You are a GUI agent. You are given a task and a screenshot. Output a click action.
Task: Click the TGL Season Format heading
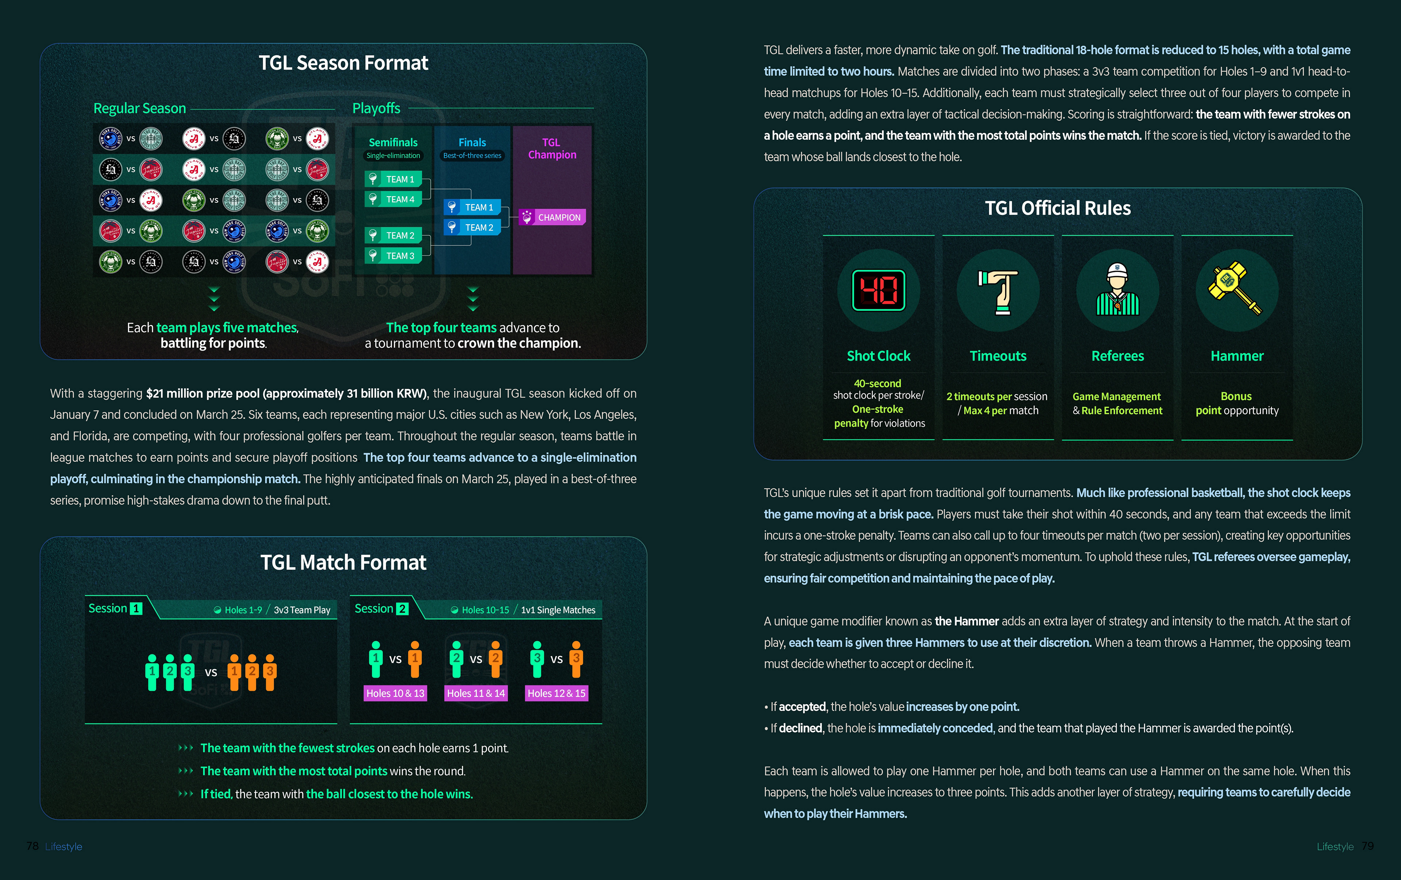(x=343, y=63)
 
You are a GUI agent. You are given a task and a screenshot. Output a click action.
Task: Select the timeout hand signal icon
(x=998, y=291)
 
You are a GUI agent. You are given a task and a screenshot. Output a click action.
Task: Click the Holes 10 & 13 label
(x=395, y=693)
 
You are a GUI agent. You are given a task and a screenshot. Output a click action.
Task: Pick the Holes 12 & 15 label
(x=556, y=693)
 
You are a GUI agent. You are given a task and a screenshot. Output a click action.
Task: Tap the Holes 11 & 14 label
(x=476, y=693)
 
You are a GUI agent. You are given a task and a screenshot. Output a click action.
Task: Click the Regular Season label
(x=140, y=109)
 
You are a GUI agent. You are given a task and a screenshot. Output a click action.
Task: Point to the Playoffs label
(x=377, y=109)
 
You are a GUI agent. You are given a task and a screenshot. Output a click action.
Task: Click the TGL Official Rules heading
(x=1058, y=208)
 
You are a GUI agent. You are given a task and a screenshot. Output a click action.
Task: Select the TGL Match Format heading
(x=343, y=562)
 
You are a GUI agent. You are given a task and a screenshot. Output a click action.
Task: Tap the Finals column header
(x=472, y=143)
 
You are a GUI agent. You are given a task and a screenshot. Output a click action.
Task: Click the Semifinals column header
(x=393, y=143)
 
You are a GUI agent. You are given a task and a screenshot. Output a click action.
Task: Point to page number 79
(x=1367, y=846)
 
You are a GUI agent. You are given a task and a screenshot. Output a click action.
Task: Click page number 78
(x=32, y=846)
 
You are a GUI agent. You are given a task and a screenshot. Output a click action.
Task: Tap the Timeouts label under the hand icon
(x=998, y=356)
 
